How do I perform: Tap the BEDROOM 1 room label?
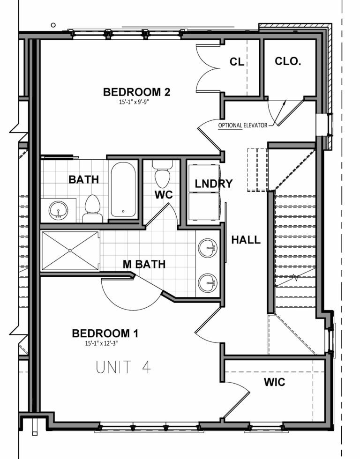(105, 333)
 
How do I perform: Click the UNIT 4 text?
(123, 367)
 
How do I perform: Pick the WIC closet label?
(274, 382)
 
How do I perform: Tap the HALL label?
(246, 240)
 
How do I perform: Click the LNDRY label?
(214, 184)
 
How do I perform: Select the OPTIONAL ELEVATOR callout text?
(243, 126)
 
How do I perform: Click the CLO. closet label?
(288, 61)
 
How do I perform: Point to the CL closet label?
(237, 62)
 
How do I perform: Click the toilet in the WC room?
(162, 177)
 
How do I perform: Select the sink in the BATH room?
(59, 210)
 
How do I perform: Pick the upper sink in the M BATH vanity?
(207, 248)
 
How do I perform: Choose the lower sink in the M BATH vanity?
(207, 282)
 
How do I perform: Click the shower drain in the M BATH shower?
(70, 251)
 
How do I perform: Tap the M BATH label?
(144, 265)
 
